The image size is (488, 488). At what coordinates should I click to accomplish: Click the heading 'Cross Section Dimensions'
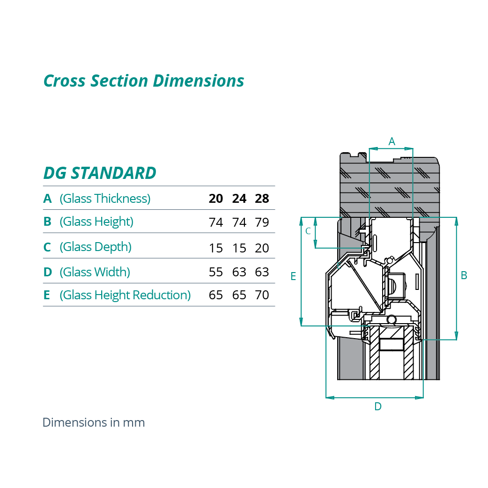144,81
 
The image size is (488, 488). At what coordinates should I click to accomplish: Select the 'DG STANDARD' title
100,173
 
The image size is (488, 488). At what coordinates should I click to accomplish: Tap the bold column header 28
262,199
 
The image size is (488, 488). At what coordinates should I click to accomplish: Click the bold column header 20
215,199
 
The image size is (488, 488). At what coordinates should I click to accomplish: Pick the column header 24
239,199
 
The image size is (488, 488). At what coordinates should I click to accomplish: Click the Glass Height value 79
262,222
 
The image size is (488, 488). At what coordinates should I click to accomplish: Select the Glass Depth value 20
262,248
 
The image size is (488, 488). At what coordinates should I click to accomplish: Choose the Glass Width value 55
215,272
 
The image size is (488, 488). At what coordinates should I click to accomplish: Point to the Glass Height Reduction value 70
262,296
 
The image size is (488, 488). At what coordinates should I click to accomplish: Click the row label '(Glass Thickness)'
105,199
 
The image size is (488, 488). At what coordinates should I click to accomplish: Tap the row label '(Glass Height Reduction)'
125,295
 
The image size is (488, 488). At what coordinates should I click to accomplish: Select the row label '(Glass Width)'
95,272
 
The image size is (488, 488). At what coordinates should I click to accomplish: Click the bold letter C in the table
47,247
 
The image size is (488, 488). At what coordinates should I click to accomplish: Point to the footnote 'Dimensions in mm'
94,422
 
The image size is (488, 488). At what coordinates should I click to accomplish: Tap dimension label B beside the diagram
464,275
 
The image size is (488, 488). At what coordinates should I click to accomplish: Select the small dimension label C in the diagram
308,231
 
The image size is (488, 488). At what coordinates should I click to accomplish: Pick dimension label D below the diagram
377,407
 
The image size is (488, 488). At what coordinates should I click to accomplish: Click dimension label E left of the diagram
293,276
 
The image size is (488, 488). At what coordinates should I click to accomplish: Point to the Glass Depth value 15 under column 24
239,248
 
